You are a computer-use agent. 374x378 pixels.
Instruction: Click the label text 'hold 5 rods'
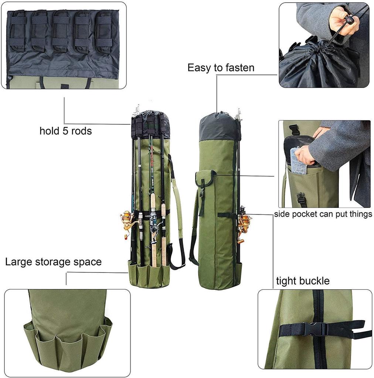point(65,131)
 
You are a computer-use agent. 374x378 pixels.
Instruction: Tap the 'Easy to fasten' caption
point(221,68)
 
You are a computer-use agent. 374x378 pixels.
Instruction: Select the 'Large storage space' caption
point(53,262)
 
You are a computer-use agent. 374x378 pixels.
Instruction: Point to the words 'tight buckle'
point(303,281)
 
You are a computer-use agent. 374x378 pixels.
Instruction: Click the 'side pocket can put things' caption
point(323,214)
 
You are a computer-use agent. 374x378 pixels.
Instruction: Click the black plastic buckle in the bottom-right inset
point(314,329)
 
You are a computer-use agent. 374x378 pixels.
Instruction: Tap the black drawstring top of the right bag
point(220,126)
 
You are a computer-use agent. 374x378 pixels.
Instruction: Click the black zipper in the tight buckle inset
point(317,329)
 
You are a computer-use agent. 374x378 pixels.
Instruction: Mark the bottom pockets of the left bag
point(149,274)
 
